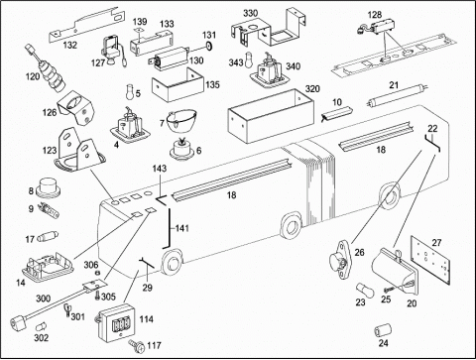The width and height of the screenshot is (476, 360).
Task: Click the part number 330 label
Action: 250,13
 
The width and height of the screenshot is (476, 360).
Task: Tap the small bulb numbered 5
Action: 130,91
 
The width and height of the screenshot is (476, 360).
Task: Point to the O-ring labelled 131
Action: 208,46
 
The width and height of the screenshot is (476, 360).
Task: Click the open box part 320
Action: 271,116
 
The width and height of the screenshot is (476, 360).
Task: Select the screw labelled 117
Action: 136,347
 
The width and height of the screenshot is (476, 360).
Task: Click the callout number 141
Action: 182,228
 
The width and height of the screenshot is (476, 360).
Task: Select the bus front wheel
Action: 172,263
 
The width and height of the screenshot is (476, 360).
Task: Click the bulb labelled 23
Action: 365,292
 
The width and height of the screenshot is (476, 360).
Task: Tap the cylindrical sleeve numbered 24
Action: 383,330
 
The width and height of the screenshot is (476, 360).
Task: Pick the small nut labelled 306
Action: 98,273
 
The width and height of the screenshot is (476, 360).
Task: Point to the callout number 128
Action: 375,15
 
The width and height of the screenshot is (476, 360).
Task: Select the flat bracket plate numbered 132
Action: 88,25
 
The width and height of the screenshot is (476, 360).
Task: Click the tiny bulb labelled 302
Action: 41,326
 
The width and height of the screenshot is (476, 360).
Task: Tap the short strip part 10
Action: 337,113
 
